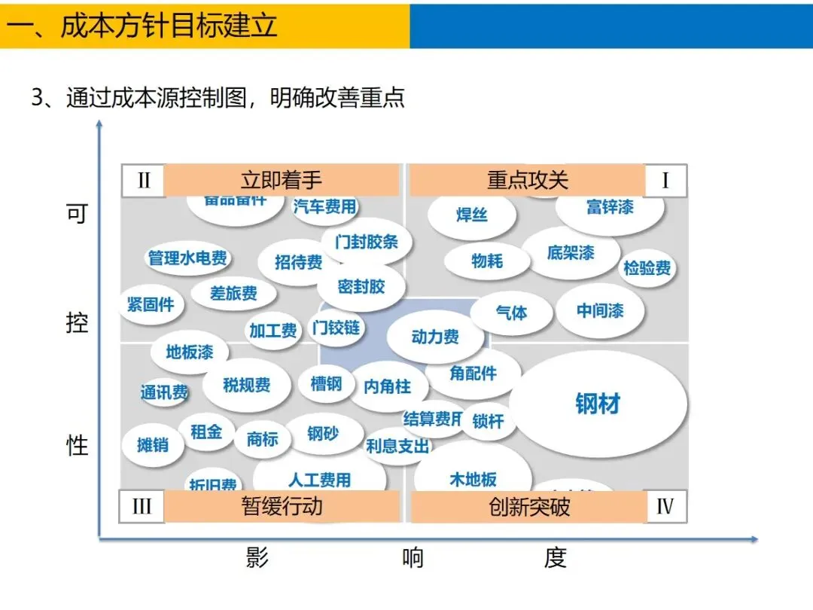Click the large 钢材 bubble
coord(598,404)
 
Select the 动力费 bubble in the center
coord(435,337)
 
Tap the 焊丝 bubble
coord(472,215)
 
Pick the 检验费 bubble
coord(647,267)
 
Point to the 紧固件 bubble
coord(151,304)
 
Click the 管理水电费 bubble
coord(187,258)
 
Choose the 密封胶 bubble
coord(361,286)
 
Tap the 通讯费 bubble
coord(164,392)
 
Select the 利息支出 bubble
coord(397,446)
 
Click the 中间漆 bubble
coord(600,310)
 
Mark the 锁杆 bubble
coord(488,422)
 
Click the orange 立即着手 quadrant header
coord(282,181)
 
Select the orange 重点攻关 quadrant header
coord(528,181)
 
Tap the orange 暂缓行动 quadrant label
coord(282,506)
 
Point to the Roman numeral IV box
coord(665,506)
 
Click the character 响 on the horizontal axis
coord(413,558)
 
